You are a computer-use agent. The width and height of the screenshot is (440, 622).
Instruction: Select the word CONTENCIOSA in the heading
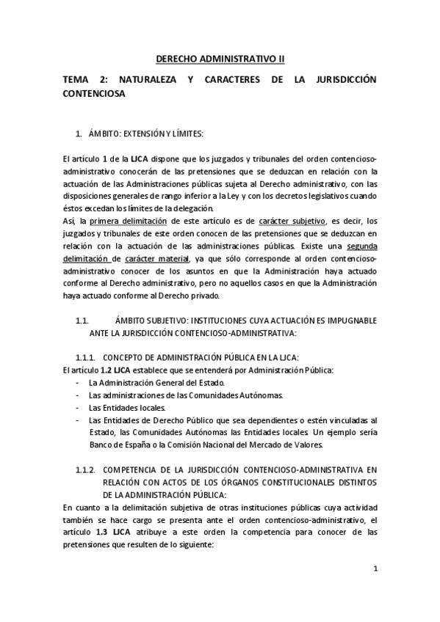pos(94,94)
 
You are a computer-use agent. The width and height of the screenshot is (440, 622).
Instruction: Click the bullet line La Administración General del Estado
pos(157,383)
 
